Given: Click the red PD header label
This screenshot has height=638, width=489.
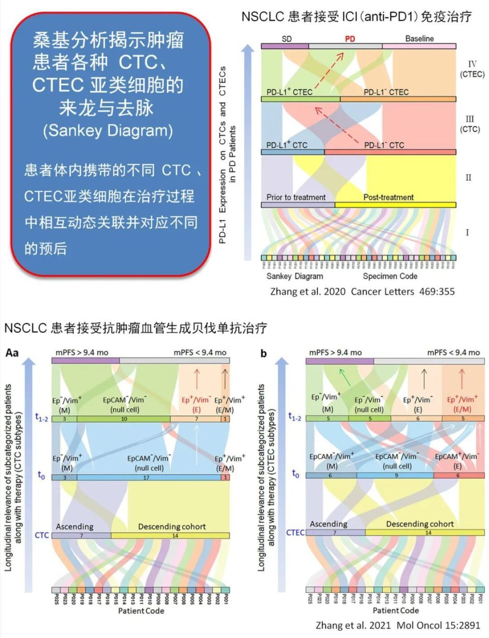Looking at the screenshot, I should pyautogui.click(x=350, y=39).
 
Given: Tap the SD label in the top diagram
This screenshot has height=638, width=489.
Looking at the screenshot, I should pyautogui.click(x=287, y=39).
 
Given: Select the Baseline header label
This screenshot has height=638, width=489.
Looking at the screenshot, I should pyautogui.click(x=419, y=39).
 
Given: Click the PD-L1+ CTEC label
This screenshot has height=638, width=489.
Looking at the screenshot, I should pyautogui.click(x=289, y=92).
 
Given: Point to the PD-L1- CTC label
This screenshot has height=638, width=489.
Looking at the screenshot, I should pyautogui.click(x=384, y=145).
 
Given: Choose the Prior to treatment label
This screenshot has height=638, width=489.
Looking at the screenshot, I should pyautogui.click(x=296, y=197).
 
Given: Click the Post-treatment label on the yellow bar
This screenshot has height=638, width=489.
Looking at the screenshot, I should pyautogui.click(x=388, y=197).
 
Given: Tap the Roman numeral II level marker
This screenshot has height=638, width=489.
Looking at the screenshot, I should pyautogui.click(x=468, y=178).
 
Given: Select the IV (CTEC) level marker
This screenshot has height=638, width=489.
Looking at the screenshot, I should pyautogui.click(x=472, y=69).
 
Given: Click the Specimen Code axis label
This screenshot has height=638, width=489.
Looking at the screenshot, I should pyautogui.click(x=390, y=276).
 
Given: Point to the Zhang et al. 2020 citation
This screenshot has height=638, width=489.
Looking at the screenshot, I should pyautogui.click(x=362, y=291).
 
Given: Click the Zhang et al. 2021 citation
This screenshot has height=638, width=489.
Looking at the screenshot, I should pyautogui.click(x=398, y=625).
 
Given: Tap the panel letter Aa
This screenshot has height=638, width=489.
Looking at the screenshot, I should pyautogui.click(x=12, y=352).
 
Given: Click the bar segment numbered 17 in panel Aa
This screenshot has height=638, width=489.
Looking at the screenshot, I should pyautogui.click(x=146, y=477).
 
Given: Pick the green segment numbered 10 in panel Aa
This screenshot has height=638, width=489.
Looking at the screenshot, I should pyautogui.click(x=124, y=419).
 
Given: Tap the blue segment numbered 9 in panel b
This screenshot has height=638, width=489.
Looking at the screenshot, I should pyautogui.click(x=395, y=475).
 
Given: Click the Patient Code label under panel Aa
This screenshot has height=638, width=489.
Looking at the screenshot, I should pyautogui.click(x=141, y=610).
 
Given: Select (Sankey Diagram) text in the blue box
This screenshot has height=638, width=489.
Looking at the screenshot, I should pyautogui.click(x=108, y=131).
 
